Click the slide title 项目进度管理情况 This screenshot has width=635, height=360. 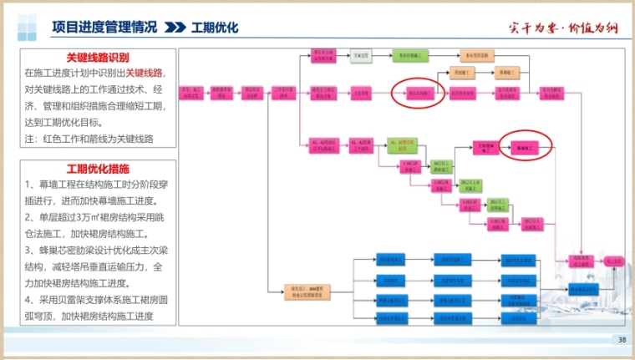coord(104,27)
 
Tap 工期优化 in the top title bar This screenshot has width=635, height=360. coord(215,27)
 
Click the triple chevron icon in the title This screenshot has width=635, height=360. coord(174,27)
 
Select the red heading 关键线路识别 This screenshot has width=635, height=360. coord(99,58)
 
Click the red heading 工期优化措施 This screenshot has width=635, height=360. coord(98,169)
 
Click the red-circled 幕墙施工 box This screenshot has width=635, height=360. coord(526,147)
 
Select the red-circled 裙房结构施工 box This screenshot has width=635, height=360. coord(419,94)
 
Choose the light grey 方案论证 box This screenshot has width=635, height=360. coord(361,54)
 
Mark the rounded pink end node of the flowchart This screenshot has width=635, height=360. coord(614,261)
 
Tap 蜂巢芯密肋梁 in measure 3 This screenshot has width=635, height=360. coord(71,250)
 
